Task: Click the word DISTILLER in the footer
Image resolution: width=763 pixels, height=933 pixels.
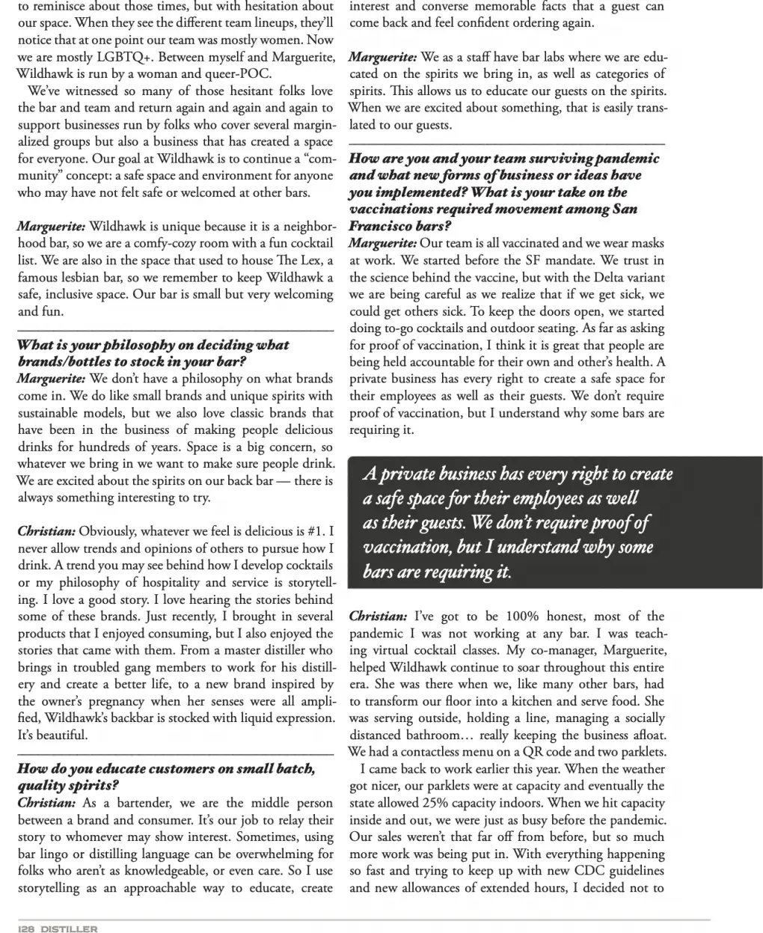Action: pyautogui.click(x=69, y=929)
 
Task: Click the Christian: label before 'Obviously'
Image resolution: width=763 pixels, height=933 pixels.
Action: pyautogui.click(x=46, y=531)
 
